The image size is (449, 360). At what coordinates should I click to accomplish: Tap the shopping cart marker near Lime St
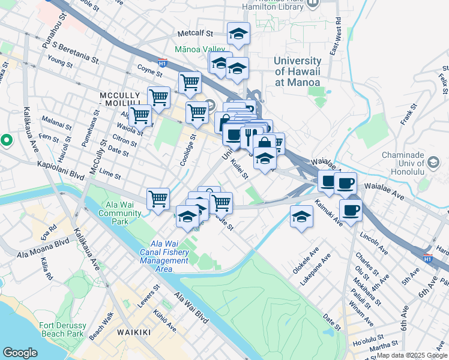point(158,199)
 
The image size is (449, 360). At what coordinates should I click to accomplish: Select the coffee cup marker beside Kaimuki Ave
point(351,210)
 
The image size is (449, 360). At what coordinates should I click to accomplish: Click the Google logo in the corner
point(20,352)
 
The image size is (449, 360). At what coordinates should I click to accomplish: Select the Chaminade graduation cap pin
point(433,162)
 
